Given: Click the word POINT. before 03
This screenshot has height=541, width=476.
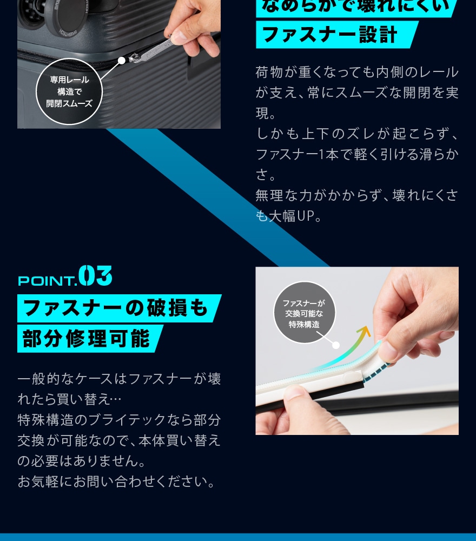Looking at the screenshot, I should (47, 281).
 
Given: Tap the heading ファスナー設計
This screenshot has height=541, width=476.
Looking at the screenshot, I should (330, 35).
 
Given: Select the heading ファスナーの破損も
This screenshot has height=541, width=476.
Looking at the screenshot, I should (116, 308).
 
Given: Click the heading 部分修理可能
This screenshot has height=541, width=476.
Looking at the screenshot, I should (87, 339).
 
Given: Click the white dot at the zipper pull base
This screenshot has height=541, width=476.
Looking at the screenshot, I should (122, 60).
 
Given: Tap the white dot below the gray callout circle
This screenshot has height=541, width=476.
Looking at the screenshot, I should (336, 345).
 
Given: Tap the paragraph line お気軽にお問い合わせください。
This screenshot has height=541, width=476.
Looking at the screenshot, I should (116, 481).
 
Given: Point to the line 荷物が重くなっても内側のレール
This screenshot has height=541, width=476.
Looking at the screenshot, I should (357, 72).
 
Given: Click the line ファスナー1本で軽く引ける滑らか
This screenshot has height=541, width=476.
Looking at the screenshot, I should (357, 155).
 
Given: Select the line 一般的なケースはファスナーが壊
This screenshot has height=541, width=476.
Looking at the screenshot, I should (119, 379).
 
